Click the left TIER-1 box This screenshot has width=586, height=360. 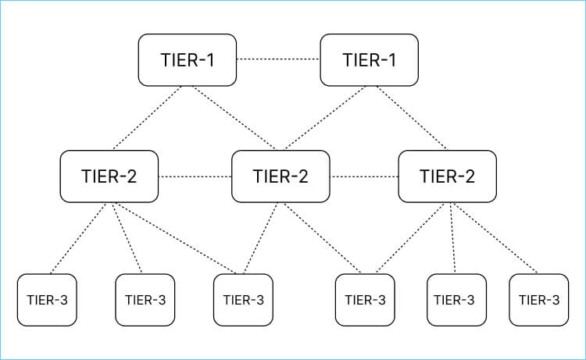pos(187,59)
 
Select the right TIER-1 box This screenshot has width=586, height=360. pos(369,59)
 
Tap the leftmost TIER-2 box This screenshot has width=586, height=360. pos(109,176)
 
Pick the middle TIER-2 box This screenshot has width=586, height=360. pos(280,176)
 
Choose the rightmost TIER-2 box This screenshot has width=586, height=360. pos(447,176)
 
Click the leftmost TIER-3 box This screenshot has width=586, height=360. pos(47,299)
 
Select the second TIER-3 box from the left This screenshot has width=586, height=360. pos(145,299)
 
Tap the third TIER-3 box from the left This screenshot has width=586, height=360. pos(243,299)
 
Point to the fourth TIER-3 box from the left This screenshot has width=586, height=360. pos(365,299)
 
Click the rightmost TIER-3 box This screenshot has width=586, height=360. pos(538,299)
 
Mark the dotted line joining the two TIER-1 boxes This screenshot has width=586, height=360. pos(278,59)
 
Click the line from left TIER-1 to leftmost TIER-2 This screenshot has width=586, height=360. pos(148,117)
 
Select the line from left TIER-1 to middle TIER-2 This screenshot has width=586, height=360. pos(234,117)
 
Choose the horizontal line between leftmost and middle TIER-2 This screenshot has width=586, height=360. pos(195,176)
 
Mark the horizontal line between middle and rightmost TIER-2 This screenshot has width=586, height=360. pos(364,176)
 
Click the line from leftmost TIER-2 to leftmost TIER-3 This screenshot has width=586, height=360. pos(78,238)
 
